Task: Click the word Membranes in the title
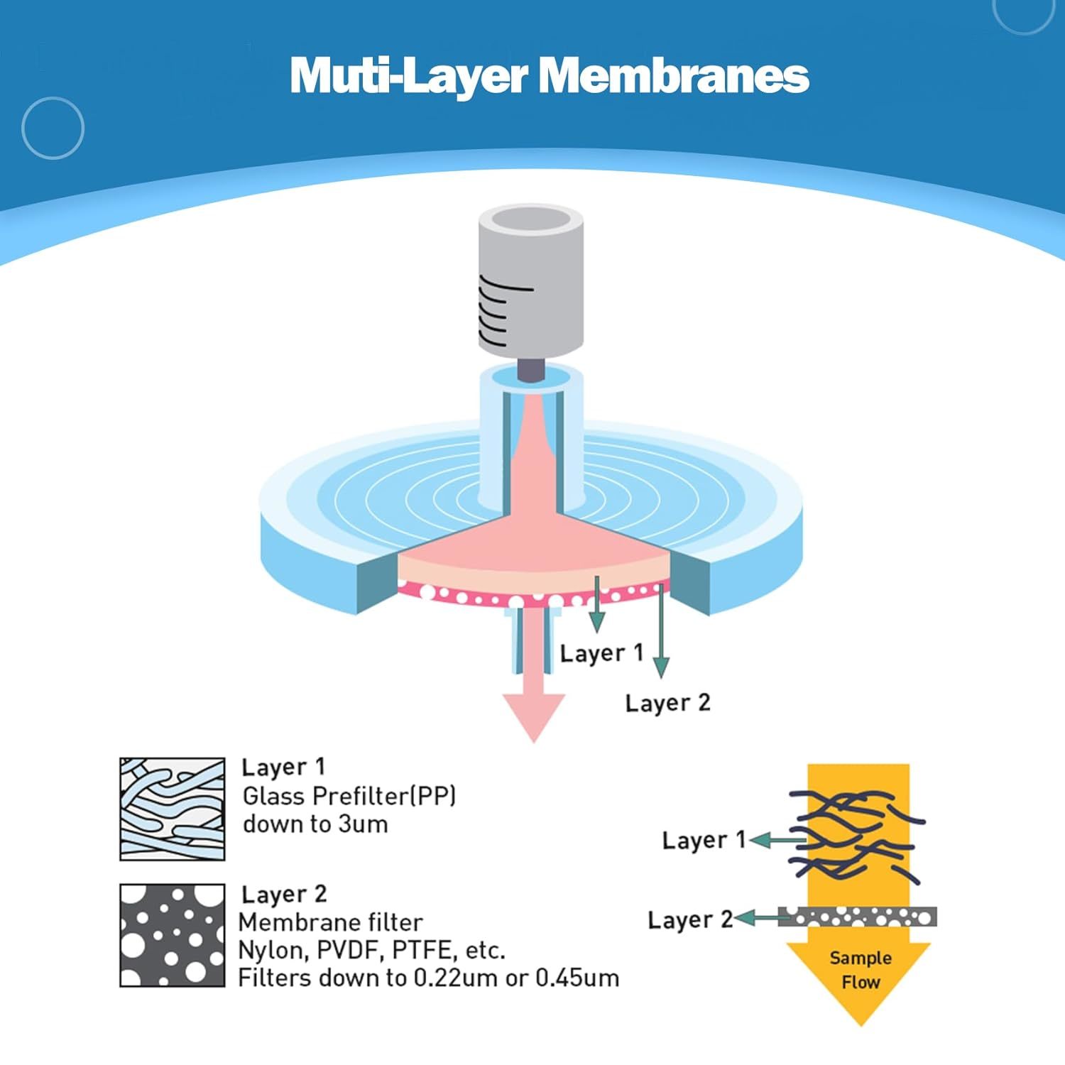click(674, 75)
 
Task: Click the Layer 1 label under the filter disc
click(601, 653)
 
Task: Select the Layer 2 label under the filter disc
click(667, 703)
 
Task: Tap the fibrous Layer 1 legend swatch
click(173, 809)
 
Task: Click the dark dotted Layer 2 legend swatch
click(173, 935)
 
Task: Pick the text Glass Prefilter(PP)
click(349, 796)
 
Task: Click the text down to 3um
click(315, 824)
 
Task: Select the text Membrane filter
click(330, 922)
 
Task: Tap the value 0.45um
click(577, 978)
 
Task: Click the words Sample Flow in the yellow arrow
click(861, 970)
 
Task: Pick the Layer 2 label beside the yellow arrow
click(690, 920)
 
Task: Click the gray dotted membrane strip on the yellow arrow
click(858, 917)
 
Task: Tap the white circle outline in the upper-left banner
click(53, 97)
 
